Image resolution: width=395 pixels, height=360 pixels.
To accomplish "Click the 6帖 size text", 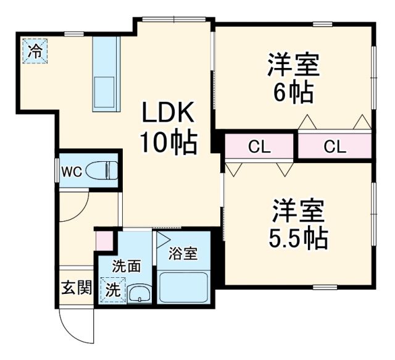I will [x=294, y=93].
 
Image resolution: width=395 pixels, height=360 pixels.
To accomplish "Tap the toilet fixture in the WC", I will [x=102, y=170].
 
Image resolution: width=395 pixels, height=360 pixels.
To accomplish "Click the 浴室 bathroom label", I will [x=183, y=253].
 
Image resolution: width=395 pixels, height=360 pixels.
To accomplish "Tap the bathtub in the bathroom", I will [x=184, y=288].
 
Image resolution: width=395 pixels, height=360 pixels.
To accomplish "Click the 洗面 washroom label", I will [x=127, y=266].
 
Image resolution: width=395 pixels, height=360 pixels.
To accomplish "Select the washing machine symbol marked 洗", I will [x=112, y=288].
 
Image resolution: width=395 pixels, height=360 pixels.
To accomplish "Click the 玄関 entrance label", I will [x=77, y=287].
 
